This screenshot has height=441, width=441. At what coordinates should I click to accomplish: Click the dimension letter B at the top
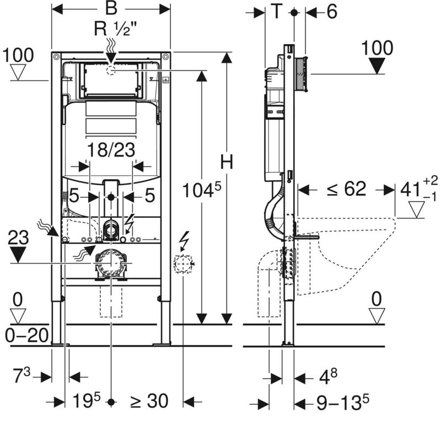coord(111,9)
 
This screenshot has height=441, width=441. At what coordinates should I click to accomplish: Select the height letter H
coord(227,162)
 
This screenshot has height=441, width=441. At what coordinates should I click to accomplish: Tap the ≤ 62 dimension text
coord(346,189)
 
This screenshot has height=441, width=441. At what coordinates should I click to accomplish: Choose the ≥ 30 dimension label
coord(148,401)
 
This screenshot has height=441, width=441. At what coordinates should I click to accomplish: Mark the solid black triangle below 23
coord(19,255)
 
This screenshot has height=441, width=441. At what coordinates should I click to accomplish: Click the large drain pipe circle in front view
coord(111,263)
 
